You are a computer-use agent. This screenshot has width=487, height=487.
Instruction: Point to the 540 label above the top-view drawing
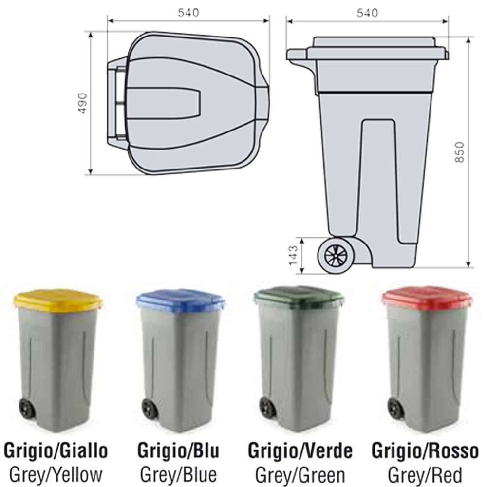188,13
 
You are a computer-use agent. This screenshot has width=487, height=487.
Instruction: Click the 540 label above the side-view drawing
368,13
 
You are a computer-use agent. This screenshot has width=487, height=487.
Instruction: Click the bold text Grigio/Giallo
56,451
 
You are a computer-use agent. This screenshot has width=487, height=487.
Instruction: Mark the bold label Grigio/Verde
300,451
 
